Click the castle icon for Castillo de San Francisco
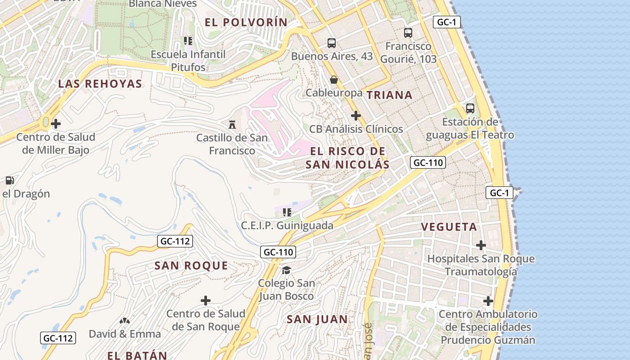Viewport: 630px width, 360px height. point(232,124)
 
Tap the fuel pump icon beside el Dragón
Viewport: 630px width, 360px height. point(9,180)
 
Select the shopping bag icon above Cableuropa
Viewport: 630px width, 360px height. point(334,80)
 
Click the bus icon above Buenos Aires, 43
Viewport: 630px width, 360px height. point(332,43)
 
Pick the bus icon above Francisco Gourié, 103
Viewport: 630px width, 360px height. point(408,33)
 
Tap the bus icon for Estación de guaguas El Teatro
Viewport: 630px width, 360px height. point(470,108)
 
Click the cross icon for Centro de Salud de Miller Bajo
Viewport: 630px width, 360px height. point(56,123)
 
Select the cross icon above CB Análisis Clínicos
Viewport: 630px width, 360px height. point(356,116)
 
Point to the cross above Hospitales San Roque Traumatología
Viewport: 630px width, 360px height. point(481,245)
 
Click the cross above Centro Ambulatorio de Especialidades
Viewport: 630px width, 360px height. point(488,301)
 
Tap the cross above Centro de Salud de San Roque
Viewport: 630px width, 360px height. point(206,300)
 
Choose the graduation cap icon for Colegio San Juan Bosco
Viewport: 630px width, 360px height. point(286,270)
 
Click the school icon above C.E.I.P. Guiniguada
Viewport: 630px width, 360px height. point(287,212)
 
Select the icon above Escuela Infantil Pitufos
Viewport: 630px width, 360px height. point(188,41)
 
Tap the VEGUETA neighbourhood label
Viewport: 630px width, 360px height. point(449,227)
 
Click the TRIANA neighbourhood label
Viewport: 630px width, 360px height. point(389,95)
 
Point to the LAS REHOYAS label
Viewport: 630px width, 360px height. point(100,84)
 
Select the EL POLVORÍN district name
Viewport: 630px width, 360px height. point(246,22)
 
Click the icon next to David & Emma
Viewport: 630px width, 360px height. point(125,321)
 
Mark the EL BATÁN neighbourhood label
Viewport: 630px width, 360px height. point(137,355)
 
